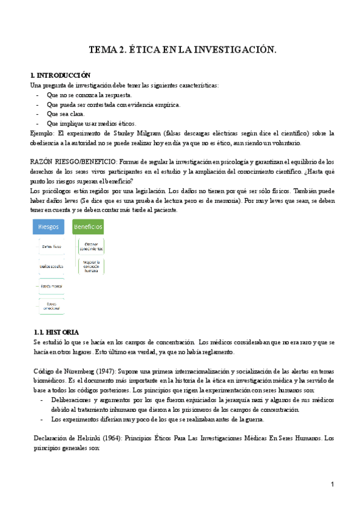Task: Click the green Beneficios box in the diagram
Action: (88, 226)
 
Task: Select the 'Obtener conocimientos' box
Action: (91, 246)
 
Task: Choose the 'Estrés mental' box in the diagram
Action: (52, 285)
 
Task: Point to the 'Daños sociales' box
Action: (52, 266)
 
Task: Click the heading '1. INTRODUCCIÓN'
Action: (60, 75)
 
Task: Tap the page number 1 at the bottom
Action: (331, 485)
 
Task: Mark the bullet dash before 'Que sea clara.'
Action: (39, 114)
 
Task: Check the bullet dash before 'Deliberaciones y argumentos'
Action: (41, 400)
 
